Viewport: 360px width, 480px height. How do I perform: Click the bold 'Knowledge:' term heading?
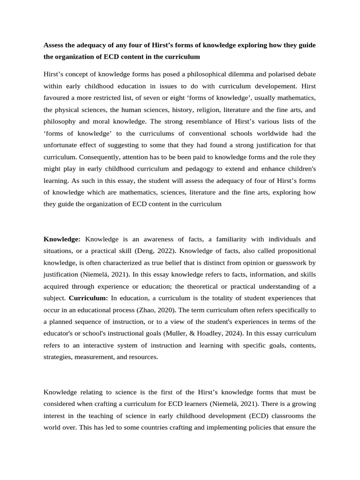pyautogui.click(x=62, y=239)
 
